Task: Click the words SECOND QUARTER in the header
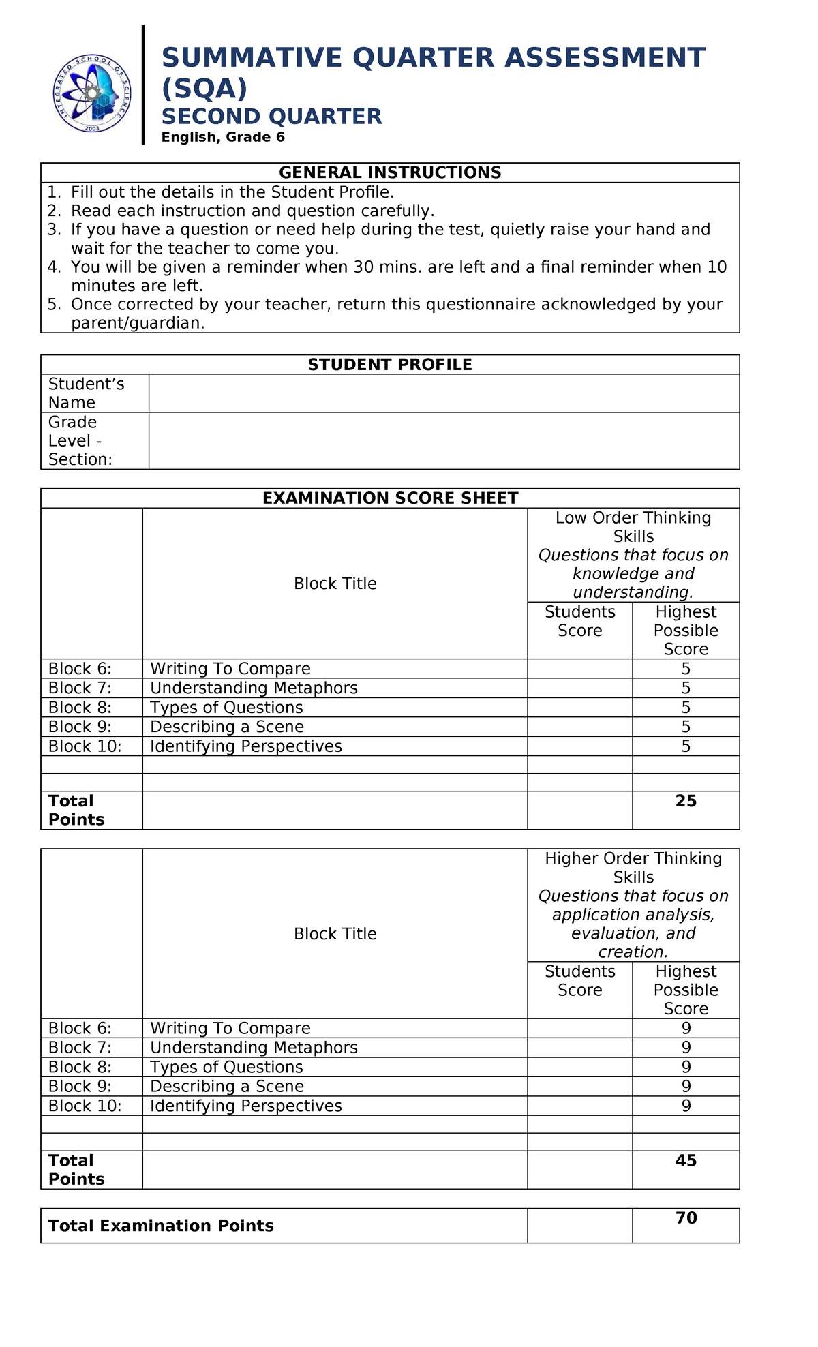[271, 117]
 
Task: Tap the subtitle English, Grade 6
[222, 137]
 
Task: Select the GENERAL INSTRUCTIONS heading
[390, 172]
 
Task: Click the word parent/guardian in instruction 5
[137, 323]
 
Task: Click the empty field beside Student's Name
[443, 393]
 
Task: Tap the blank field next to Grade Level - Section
[443, 440]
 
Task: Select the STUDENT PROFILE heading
[390, 365]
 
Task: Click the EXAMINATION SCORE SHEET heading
[390, 498]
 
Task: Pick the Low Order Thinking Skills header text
[633, 526]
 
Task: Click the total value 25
[686, 801]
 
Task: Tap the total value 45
[686, 1160]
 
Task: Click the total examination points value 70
[686, 1217]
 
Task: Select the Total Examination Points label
[161, 1226]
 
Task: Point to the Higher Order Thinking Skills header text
[633, 867]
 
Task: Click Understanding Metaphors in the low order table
[254, 688]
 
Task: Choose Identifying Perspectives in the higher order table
[245, 1106]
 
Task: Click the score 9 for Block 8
[686, 1067]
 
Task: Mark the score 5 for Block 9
[686, 727]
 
